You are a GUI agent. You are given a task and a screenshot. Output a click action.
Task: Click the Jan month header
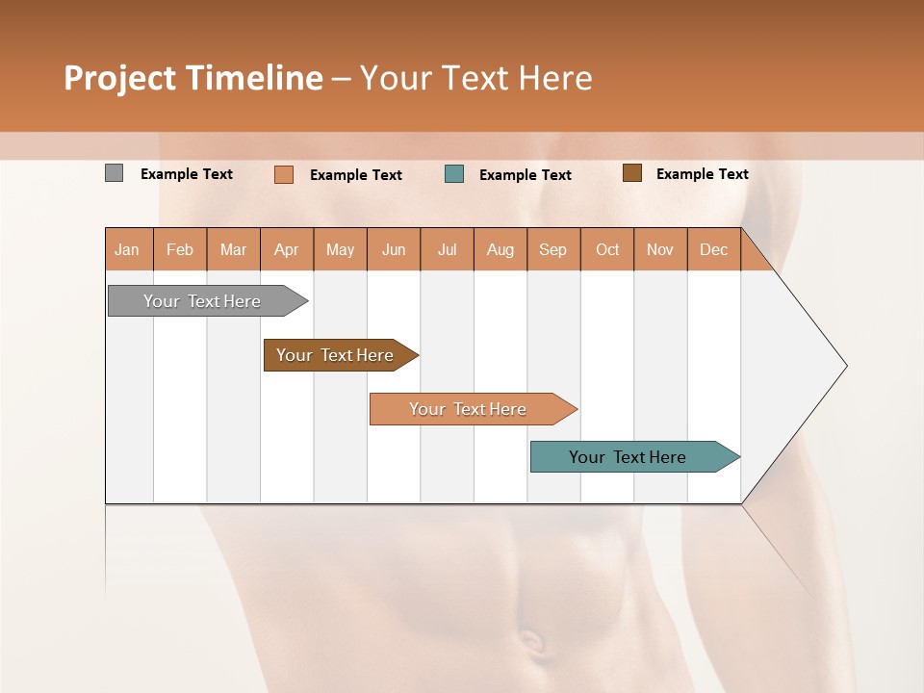pyautogui.click(x=128, y=249)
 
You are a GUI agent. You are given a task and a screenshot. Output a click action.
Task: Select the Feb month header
pyautogui.click(x=180, y=249)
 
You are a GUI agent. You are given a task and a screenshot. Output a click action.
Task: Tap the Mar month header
pyautogui.click(x=233, y=249)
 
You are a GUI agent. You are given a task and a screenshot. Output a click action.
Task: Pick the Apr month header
pyautogui.click(x=287, y=249)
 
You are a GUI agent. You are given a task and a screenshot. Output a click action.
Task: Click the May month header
pyautogui.click(x=340, y=249)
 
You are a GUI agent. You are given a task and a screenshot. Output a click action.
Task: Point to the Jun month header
pyautogui.click(x=394, y=249)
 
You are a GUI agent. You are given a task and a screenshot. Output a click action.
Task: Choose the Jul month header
pyautogui.click(x=447, y=249)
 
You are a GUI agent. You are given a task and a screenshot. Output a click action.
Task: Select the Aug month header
pyautogui.click(x=500, y=249)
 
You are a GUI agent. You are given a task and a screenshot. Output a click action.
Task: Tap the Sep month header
pyautogui.click(x=553, y=249)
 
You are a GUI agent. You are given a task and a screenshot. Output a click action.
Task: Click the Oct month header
pyautogui.click(x=607, y=249)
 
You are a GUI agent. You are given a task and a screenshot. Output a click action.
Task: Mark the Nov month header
pyautogui.click(x=660, y=249)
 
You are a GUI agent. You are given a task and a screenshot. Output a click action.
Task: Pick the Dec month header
pyautogui.click(x=713, y=249)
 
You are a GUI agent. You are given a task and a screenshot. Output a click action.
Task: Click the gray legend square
pyautogui.click(x=115, y=173)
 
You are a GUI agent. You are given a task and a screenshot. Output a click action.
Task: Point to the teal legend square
pyautogui.click(x=454, y=174)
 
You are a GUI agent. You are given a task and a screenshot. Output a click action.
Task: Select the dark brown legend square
pyautogui.click(x=631, y=173)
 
